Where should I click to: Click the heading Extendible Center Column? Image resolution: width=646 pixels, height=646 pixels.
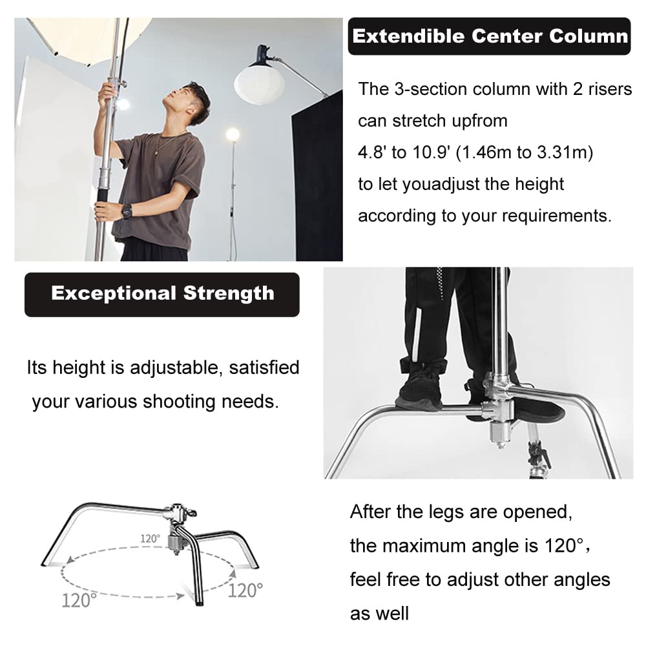[489, 36]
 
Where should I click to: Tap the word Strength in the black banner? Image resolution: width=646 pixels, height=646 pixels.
[229, 293]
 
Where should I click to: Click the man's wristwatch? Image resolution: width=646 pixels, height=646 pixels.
[127, 211]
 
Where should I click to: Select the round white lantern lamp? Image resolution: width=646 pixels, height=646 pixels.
[259, 83]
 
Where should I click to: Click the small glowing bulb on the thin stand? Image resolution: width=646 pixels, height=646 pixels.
[233, 135]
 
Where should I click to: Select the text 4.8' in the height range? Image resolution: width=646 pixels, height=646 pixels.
[373, 153]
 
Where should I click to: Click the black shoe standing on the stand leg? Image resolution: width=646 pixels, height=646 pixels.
[420, 386]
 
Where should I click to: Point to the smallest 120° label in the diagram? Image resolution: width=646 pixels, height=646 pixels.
[150, 538]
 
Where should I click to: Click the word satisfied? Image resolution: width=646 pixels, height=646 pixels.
[264, 368]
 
